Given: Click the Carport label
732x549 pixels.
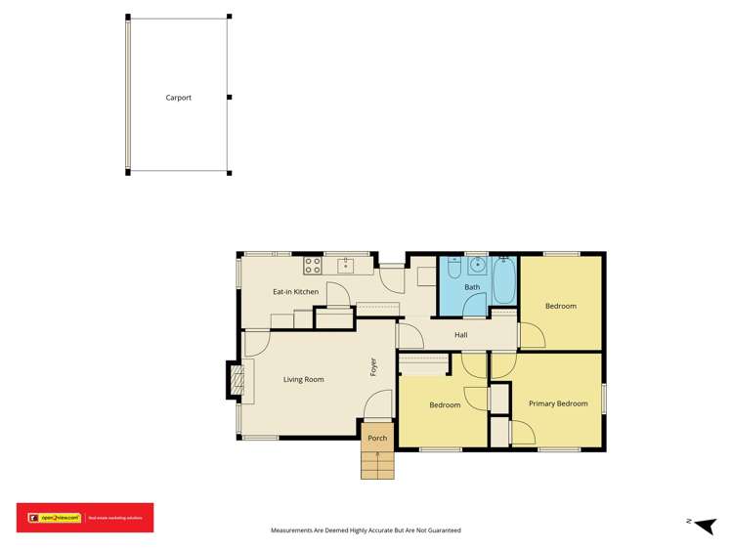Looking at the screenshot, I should (x=178, y=98).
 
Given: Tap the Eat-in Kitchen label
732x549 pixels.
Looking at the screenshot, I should (x=295, y=292).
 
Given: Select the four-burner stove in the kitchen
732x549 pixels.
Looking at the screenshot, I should (x=312, y=264).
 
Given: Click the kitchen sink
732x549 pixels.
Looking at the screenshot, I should (x=346, y=264).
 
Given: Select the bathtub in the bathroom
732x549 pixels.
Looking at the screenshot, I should (x=504, y=280).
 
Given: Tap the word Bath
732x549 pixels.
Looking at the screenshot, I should (x=472, y=287).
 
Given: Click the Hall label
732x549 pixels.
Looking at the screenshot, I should (x=461, y=335).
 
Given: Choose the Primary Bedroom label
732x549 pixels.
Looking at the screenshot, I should (x=558, y=403).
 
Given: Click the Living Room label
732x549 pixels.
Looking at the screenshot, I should (x=303, y=379).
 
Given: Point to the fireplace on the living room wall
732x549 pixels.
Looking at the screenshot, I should (x=235, y=380).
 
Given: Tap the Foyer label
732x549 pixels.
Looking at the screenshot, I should (x=373, y=367).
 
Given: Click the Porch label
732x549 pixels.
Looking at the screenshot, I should (x=377, y=438).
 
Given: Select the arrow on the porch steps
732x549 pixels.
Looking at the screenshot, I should (x=377, y=455).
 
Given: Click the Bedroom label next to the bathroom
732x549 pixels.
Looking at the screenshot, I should (x=560, y=306).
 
